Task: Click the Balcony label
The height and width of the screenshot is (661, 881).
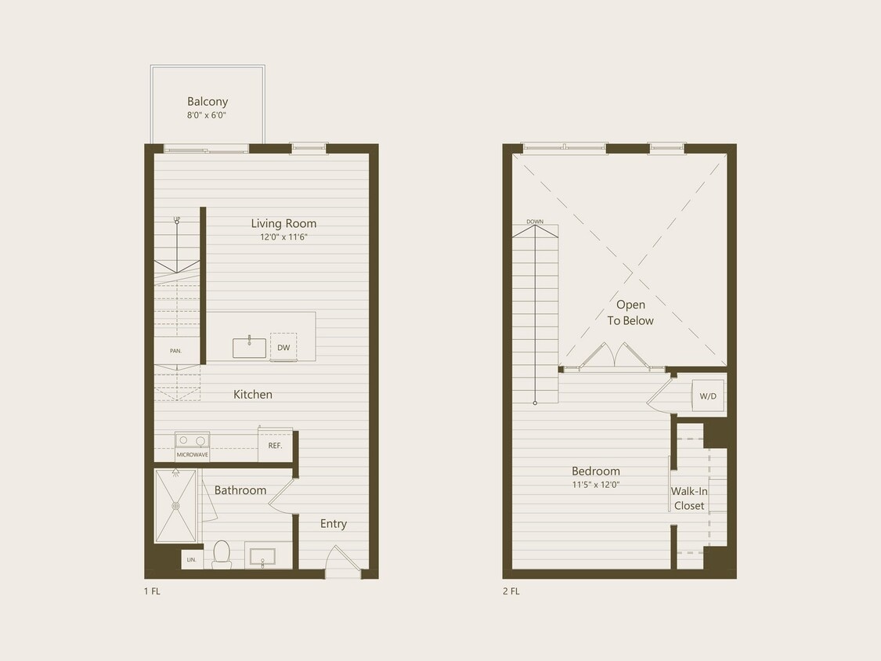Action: pos(208,102)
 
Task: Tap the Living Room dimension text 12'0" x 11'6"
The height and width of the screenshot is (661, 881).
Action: pos(283,237)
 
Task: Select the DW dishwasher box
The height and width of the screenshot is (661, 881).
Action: pos(283,347)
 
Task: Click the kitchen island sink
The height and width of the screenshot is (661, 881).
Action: pos(249,348)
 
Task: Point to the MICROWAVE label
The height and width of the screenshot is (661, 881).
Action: pos(192,455)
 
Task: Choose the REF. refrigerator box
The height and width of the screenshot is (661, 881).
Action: pos(275,445)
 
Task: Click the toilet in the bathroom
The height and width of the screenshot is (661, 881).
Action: pos(221,553)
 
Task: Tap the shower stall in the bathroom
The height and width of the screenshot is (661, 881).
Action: pos(175,505)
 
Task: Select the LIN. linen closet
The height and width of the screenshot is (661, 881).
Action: pos(192,559)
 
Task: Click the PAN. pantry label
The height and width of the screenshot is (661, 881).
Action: pos(176,351)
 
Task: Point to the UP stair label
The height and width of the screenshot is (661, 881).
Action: pos(177,219)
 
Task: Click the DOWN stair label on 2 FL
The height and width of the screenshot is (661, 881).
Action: pos(535,222)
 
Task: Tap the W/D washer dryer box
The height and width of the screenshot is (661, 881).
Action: pos(707,396)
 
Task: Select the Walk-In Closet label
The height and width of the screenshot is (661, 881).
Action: pos(689,498)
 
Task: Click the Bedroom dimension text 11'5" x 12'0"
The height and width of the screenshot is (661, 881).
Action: pos(595,485)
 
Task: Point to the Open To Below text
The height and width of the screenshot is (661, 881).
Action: pos(630,312)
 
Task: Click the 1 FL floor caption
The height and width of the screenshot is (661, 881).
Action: pos(152,591)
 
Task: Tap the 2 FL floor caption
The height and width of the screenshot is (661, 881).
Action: pos(511,591)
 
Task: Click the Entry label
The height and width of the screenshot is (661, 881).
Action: pos(333,524)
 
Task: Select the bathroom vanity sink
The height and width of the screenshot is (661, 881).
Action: pos(262,556)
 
